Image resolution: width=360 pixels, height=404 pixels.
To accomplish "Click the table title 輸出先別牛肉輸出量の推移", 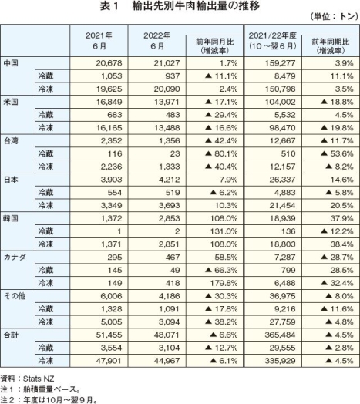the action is [x=196, y=6].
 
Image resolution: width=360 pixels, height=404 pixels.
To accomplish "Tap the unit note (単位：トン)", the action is [x=334, y=17].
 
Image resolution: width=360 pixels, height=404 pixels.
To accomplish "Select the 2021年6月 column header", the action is [x=99, y=41].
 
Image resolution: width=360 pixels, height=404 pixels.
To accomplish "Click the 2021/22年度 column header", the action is [x=272, y=41].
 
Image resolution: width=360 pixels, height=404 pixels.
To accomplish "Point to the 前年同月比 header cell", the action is [x=214, y=45].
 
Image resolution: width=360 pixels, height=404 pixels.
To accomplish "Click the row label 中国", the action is [x=11, y=63].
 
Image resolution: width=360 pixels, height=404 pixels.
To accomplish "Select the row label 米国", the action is [x=11, y=102].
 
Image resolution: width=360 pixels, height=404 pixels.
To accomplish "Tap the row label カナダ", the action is [x=15, y=258].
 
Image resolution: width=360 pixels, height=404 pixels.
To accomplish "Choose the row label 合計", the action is [x=11, y=335].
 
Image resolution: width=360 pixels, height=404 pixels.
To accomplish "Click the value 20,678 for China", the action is [x=109, y=63].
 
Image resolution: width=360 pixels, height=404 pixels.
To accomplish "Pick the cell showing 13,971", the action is [x=167, y=102].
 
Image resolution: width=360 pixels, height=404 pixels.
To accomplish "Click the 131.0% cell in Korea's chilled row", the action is [x=224, y=231].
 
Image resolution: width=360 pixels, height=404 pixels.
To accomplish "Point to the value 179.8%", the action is [x=224, y=283].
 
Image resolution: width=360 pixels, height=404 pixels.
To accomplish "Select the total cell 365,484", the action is [x=280, y=335].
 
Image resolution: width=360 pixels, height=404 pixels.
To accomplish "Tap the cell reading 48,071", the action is [x=167, y=335].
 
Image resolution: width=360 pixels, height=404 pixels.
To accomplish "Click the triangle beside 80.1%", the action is [x=208, y=153].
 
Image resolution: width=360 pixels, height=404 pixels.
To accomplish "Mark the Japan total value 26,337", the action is [x=282, y=180].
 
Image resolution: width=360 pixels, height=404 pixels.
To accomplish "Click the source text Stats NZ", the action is [x=39, y=379].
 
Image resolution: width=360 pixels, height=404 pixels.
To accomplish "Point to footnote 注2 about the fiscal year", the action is [x=49, y=399].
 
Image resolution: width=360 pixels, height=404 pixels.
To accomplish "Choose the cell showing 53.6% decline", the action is [x=337, y=153].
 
